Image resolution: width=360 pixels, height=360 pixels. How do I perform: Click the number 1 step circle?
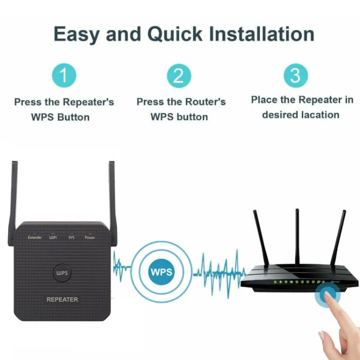click(x=64, y=76)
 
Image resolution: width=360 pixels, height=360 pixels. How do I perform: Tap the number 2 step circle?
click(x=179, y=76)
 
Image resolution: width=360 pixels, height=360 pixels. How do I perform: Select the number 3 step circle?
click(x=296, y=75)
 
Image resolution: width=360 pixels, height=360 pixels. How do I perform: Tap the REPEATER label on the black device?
click(x=62, y=300)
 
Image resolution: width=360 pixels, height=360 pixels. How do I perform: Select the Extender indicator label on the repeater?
click(x=35, y=238)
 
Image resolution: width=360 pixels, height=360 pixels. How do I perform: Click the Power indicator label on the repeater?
click(x=90, y=238)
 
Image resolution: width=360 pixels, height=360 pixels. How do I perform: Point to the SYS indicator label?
click(x=72, y=238)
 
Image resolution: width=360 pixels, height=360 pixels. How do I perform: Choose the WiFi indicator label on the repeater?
click(x=53, y=238)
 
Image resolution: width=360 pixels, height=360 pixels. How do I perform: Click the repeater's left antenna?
click(x=13, y=202)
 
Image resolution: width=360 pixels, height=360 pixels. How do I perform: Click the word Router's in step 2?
click(x=205, y=102)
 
